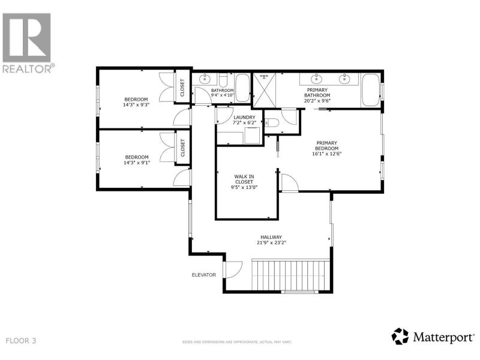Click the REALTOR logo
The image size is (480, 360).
coord(28,43)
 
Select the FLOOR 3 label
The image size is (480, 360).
coord(21,341)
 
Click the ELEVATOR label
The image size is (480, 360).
coord(204,275)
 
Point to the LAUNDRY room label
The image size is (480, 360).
coord(244,117)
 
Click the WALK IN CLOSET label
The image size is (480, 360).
coord(244,179)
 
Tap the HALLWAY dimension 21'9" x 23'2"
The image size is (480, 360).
coord(272,243)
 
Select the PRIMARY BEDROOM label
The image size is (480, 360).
coord(326,145)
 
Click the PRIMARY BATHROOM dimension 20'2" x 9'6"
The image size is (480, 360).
coord(317,100)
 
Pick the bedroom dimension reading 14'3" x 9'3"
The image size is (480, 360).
coord(136,104)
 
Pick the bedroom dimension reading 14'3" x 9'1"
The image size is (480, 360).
coord(137,163)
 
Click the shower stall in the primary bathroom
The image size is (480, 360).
coord(264,91)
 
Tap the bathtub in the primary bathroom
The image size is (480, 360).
coord(371,90)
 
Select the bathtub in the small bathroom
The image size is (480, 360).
coord(243,88)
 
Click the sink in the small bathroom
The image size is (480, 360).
coord(205,79)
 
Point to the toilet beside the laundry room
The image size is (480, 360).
coord(272,123)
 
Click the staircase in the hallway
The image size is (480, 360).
coord(290,275)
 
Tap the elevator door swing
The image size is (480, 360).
coord(234,269)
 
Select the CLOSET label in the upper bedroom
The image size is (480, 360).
coord(182,88)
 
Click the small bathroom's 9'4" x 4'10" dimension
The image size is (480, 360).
coord(223,95)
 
